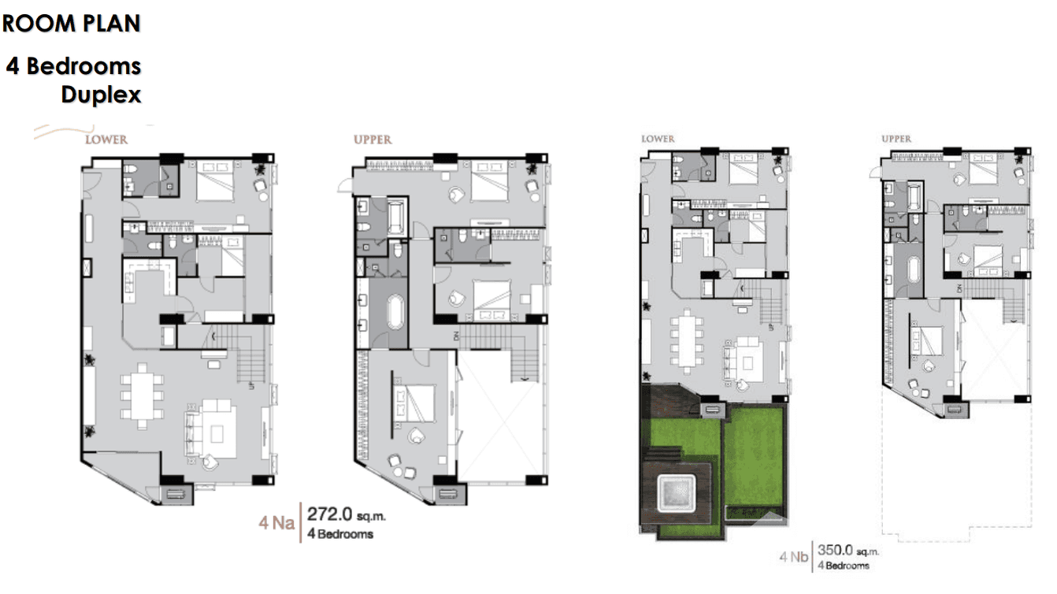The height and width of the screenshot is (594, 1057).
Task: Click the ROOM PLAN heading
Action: pos(71,24)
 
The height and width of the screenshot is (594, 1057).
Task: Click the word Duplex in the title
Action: pos(101,95)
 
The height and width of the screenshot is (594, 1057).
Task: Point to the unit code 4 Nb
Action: pos(794,558)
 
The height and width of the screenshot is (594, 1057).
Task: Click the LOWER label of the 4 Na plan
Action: pos(106,139)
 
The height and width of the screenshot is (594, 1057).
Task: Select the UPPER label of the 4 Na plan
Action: pos(373,139)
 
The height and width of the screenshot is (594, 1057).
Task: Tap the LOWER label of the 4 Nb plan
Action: pos(658,139)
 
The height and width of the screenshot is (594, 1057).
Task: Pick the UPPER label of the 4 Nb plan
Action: pos(896,139)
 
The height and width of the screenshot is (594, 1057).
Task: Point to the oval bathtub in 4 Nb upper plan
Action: pos(914,270)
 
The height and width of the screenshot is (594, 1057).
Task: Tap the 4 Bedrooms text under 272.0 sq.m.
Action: pos(339,534)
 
